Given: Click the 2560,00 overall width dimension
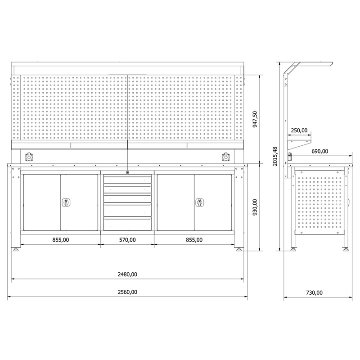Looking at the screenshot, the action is point(127,292).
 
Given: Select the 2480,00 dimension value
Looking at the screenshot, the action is point(127,274).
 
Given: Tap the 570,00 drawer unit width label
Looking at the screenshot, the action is point(127,240).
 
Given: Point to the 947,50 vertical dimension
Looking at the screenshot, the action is point(255,119).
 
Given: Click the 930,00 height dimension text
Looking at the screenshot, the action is point(255,207).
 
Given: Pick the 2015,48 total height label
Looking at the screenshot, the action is point(275,156).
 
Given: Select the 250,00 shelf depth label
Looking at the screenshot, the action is point(299,130).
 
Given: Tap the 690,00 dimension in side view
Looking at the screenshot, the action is point(320,151).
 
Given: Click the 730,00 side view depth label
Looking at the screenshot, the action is point(314,293).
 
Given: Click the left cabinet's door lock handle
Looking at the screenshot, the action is point(66,202).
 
